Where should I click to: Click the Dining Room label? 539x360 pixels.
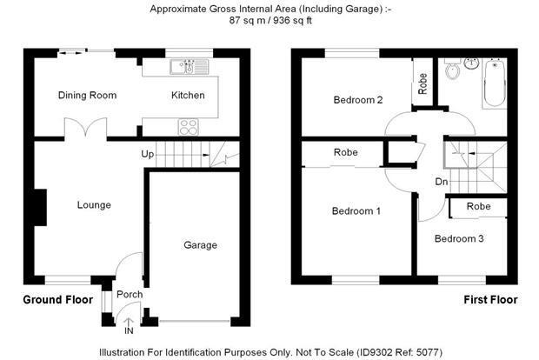87,96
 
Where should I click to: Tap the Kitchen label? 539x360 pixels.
188,96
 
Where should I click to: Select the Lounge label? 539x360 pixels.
94,205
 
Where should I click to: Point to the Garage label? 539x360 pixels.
201,245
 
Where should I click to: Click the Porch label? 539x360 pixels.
130,294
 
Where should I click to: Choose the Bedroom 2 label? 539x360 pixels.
358,100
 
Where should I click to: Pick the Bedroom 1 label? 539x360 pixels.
356,210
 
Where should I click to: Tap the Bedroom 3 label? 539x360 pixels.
459,238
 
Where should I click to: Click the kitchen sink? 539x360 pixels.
189,67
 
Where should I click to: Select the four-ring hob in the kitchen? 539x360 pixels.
189,127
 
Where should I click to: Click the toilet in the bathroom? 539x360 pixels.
453,69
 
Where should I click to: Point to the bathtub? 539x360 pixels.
495,83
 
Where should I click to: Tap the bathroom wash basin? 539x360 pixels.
471,63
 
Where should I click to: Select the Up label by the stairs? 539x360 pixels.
148,155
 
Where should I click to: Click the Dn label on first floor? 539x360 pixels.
442,182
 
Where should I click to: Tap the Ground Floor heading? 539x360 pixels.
57,300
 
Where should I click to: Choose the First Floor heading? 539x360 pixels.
490,300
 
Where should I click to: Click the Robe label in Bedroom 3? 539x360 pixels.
478,206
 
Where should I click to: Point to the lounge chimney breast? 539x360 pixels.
40,207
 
